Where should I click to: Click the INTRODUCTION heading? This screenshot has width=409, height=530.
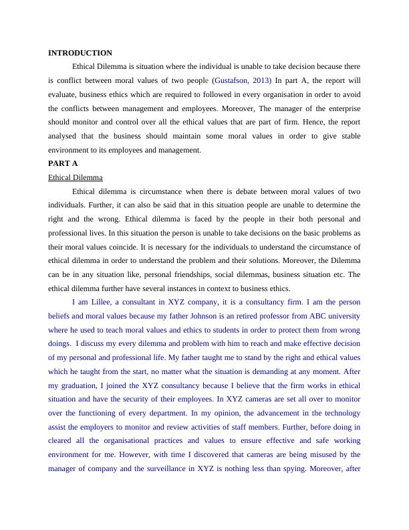[80, 53]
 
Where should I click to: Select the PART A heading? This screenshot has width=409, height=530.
[63, 163]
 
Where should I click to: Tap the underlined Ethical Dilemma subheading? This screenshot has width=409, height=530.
[76, 177]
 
